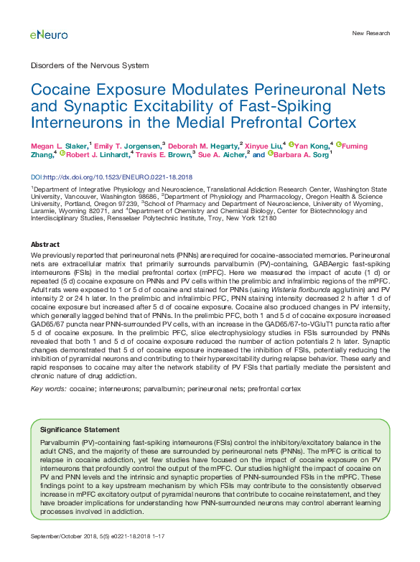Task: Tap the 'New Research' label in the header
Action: point(371,34)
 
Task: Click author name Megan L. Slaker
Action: point(60,146)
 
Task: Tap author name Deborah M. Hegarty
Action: point(203,146)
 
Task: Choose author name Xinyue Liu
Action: point(263,146)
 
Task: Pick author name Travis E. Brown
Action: point(164,155)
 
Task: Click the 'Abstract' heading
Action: point(45,245)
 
